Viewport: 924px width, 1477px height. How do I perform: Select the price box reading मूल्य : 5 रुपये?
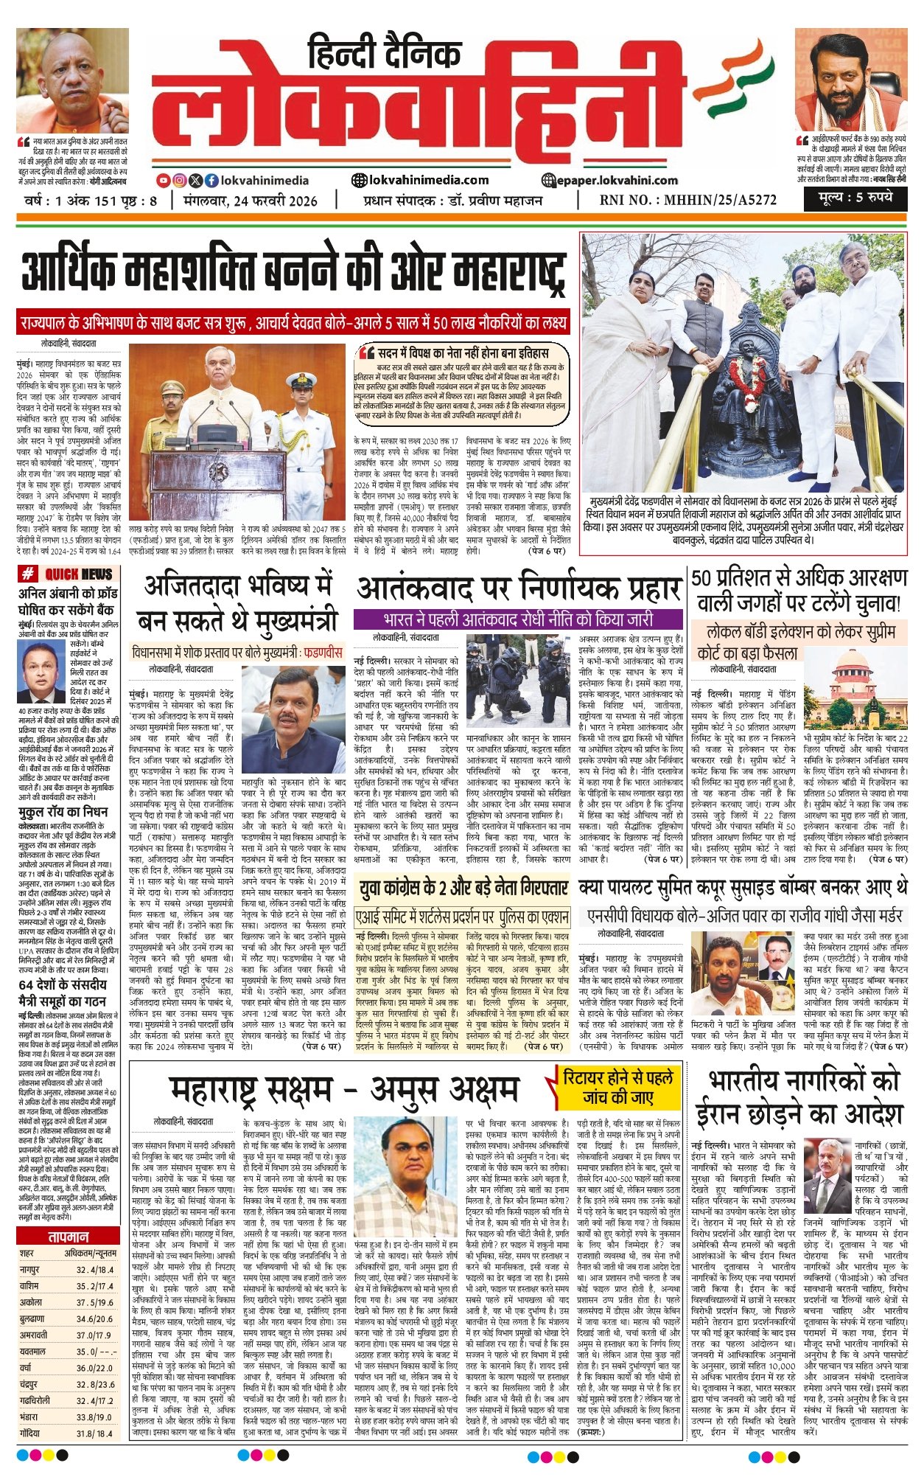coord(854,197)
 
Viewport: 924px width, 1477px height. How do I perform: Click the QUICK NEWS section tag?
coord(67,574)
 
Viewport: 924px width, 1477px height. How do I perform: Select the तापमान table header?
coord(68,1236)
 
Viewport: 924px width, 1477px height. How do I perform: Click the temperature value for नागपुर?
coord(95,1270)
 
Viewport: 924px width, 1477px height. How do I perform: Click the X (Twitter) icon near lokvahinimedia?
coord(195,180)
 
